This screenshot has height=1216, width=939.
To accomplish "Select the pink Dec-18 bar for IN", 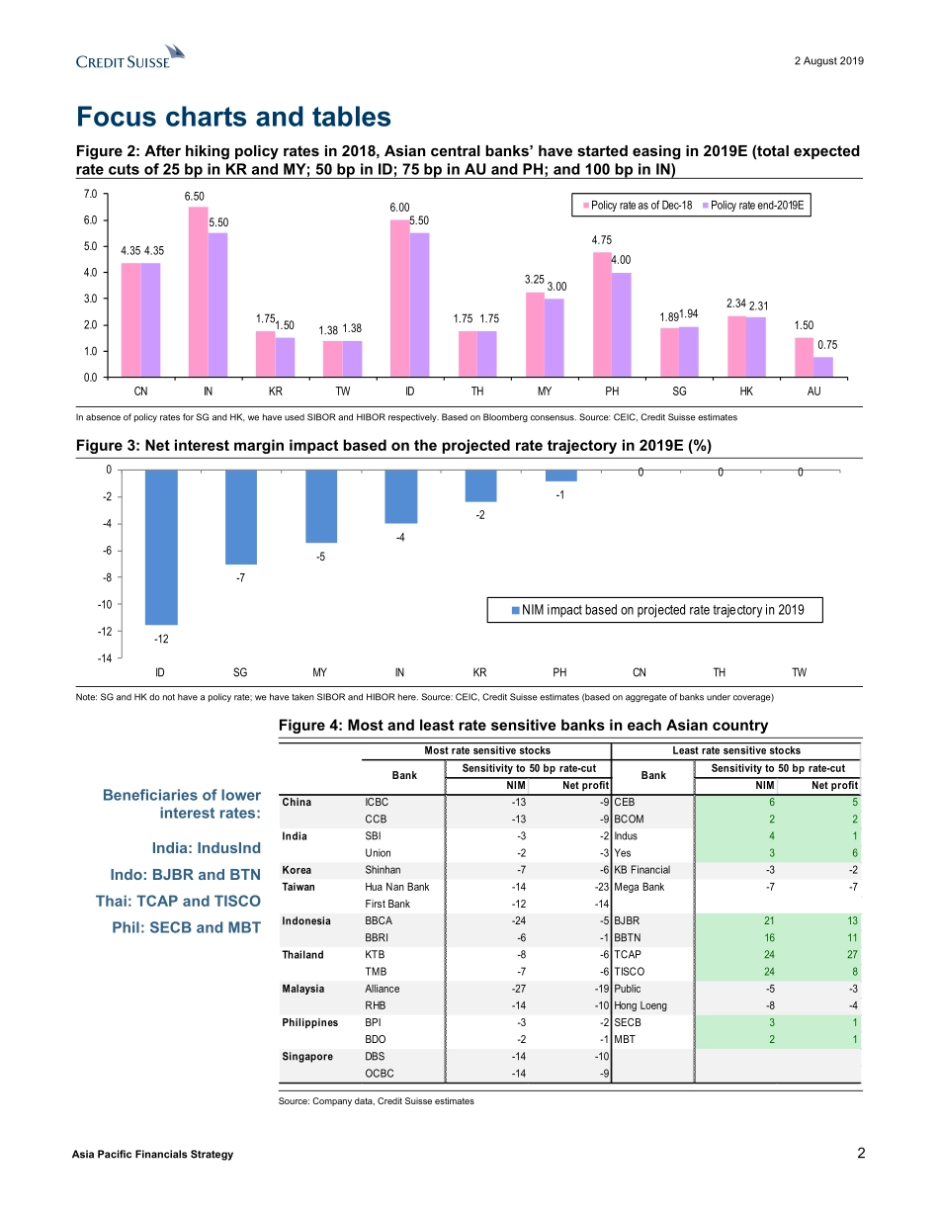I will tap(199, 292).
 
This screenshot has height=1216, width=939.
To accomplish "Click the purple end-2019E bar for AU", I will tap(822, 367).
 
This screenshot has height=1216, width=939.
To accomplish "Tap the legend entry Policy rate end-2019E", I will tap(753, 206).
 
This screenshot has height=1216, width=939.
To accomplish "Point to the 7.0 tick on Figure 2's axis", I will tap(90, 194).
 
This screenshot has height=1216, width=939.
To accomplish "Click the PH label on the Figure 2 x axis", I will tap(612, 391).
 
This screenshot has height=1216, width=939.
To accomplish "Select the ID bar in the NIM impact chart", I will tap(161, 547).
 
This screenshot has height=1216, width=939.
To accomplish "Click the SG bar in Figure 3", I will tap(240, 516).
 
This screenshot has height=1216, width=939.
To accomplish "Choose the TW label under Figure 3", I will tap(799, 673).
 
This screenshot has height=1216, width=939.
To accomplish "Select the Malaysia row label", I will tap(309, 988).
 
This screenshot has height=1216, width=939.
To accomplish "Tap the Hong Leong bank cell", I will tap(640, 1005).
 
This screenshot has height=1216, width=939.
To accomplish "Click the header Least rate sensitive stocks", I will tap(736, 750).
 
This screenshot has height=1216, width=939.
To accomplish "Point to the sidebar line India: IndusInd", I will tap(206, 848).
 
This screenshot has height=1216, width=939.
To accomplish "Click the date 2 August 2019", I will tap(828, 61).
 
